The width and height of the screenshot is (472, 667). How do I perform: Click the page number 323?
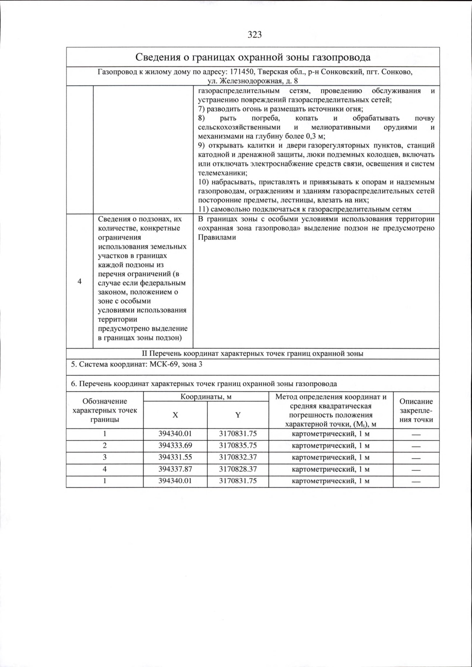pyautogui.click(x=254, y=35)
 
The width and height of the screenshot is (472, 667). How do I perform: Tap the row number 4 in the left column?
pyautogui.click(x=79, y=281)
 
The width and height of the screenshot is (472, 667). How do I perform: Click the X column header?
pyautogui.click(x=175, y=415)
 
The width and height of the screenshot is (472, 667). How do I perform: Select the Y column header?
pyautogui.click(x=238, y=415)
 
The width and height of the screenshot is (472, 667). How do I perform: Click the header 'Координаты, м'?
pyautogui.click(x=206, y=397)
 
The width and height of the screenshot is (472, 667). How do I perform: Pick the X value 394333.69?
pyautogui.click(x=175, y=446)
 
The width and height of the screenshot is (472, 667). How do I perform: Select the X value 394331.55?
pyautogui.click(x=175, y=457)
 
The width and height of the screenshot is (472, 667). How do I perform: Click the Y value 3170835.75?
pyautogui.click(x=238, y=446)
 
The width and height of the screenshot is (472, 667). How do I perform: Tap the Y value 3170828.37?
pyautogui.click(x=238, y=469)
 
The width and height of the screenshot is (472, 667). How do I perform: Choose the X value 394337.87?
pyautogui.click(x=175, y=469)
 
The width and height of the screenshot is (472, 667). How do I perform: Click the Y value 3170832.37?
pyautogui.click(x=238, y=457)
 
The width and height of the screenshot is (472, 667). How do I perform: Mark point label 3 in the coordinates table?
pyautogui.click(x=105, y=457)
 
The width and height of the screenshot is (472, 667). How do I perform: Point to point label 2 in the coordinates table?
pyautogui.click(x=105, y=446)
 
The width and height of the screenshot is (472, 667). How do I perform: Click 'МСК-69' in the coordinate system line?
pyautogui.click(x=162, y=364)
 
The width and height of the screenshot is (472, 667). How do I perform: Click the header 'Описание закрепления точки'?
pyautogui.click(x=416, y=410)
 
